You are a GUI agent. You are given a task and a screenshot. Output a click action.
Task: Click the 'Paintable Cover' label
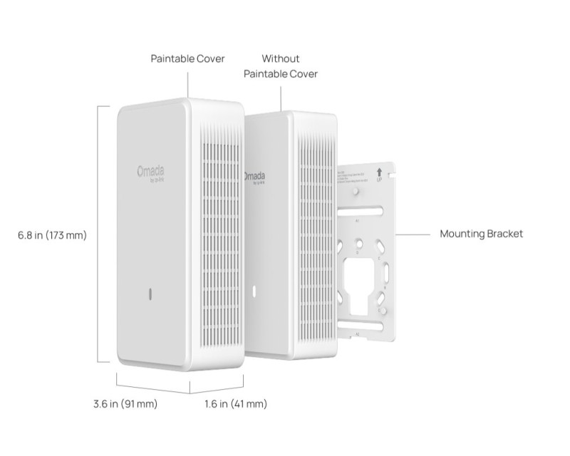[188, 58]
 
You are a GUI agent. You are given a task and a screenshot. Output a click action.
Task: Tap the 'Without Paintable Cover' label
[281, 66]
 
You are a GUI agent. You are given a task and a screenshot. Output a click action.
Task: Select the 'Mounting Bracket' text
[481, 233]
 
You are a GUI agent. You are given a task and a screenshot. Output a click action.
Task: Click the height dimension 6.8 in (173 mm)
[52, 234]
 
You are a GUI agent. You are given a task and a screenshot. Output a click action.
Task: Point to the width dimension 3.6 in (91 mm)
[125, 404]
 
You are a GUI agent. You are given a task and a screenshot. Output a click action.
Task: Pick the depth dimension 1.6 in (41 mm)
[235, 404]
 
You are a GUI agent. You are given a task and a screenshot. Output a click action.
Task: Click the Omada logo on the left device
[151, 172]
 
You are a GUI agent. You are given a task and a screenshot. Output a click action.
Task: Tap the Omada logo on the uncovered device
[254, 177]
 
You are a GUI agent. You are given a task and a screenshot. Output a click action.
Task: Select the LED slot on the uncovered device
[253, 291]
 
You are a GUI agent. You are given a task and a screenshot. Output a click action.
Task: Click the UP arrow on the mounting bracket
[378, 172]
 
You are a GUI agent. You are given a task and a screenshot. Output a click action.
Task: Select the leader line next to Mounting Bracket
[413, 233]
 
